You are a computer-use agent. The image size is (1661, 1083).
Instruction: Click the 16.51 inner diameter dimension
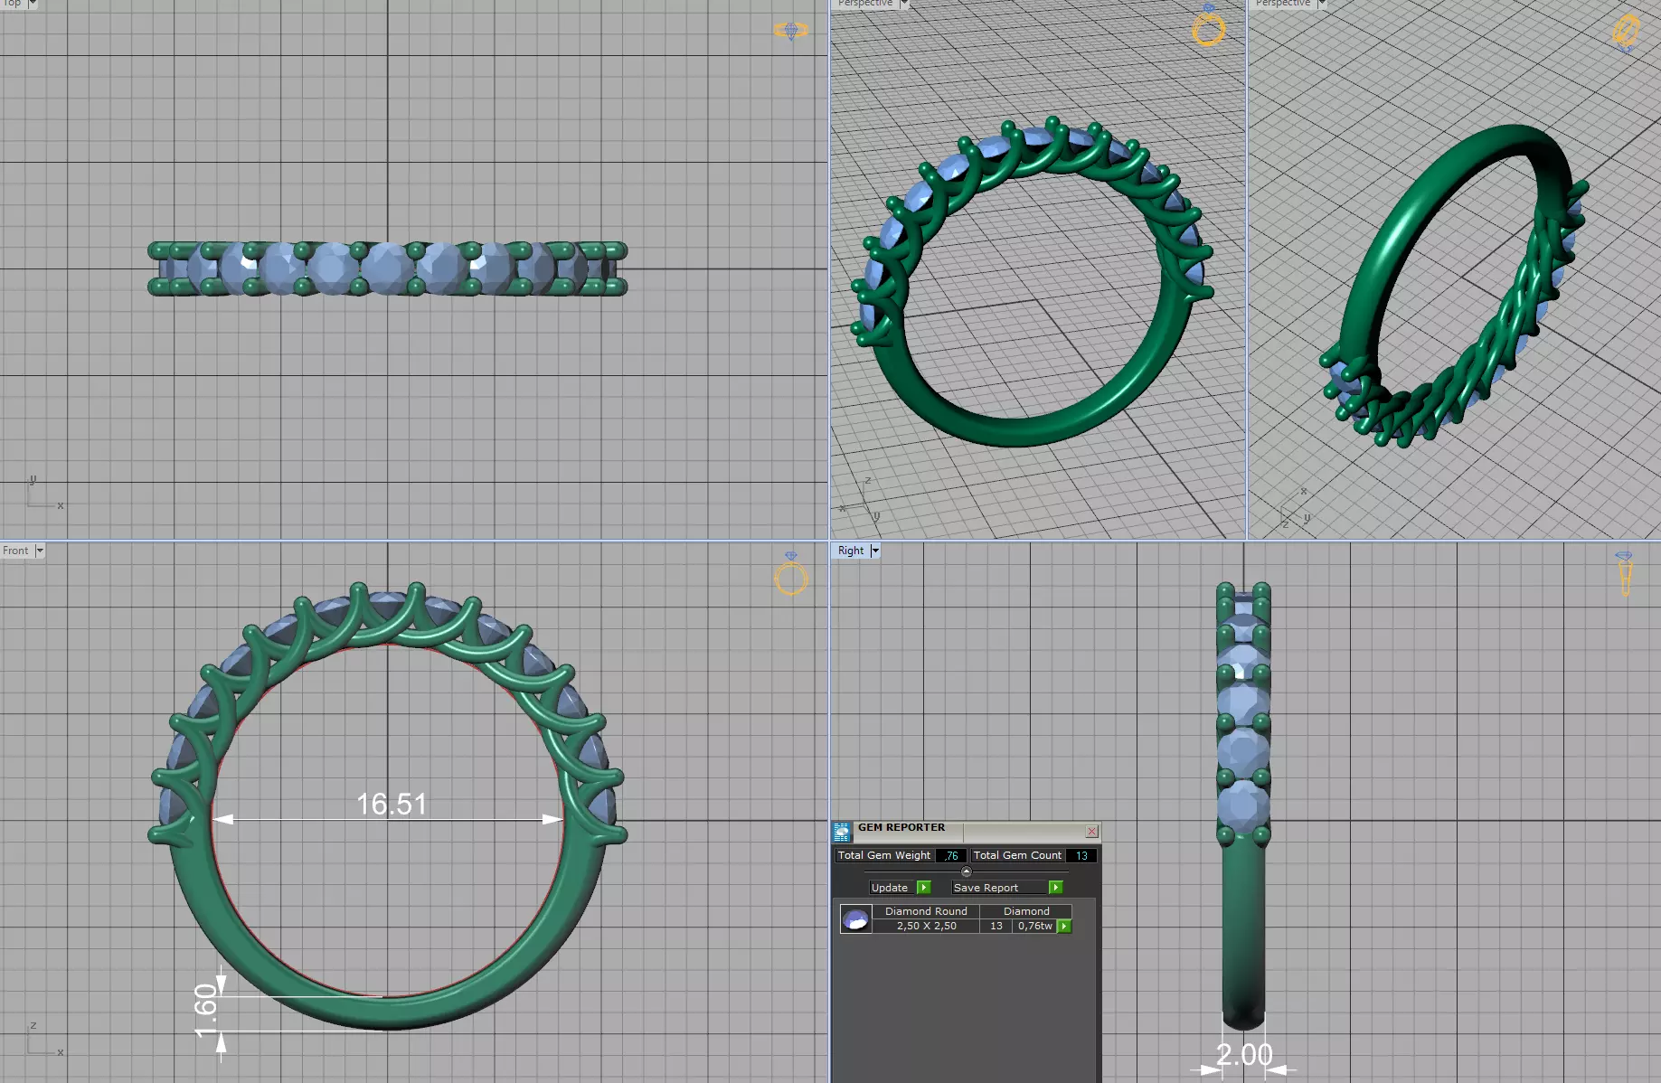pyautogui.click(x=391, y=804)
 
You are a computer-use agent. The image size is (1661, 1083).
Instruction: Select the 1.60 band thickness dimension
pyautogui.click(x=206, y=1011)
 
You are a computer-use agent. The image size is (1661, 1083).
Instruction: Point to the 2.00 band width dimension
pyautogui.click(x=1244, y=1054)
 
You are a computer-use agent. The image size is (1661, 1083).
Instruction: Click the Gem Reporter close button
pyautogui.click(x=1091, y=832)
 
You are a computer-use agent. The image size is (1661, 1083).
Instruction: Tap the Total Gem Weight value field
pyautogui.click(x=950, y=855)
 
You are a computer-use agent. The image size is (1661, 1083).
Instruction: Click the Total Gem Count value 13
pyautogui.click(x=1081, y=855)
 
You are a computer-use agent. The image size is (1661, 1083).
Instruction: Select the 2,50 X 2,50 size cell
pyautogui.click(x=926, y=926)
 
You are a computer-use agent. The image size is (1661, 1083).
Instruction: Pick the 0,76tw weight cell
pyautogui.click(x=1034, y=926)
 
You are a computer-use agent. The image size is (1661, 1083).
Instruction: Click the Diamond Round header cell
pyautogui.click(x=926, y=911)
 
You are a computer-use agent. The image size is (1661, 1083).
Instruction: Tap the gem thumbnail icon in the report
pyautogui.click(x=855, y=919)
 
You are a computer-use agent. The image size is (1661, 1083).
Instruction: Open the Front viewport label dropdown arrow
pyautogui.click(x=40, y=551)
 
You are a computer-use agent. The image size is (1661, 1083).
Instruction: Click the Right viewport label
pyautogui.click(x=850, y=551)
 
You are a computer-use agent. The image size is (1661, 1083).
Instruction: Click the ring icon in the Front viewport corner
pyautogui.click(x=791, y=576)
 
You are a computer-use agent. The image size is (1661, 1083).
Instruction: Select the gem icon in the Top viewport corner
pyautogui.click(x=791, y=31)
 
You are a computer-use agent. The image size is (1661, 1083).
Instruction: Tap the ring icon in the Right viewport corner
pyautogui.click(x=1625, y=575)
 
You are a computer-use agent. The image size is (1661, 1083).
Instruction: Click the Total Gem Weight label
pyautogui.click(x=883, y=855)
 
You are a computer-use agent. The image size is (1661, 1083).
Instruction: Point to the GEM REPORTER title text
pyautogui.click(x=901, y=827)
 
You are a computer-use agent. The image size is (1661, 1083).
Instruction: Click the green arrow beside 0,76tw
pyautogui.click(x=1064, y=926)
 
